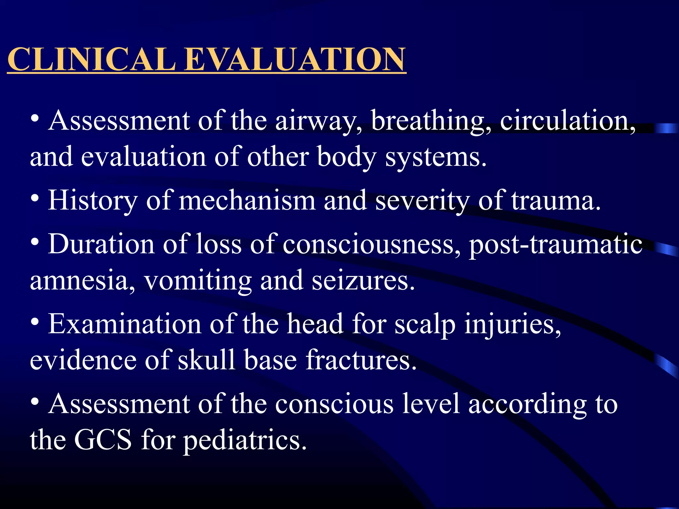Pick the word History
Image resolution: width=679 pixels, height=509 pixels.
[x=93, y=201]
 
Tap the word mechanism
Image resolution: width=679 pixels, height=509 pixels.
[x=247, y=201]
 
